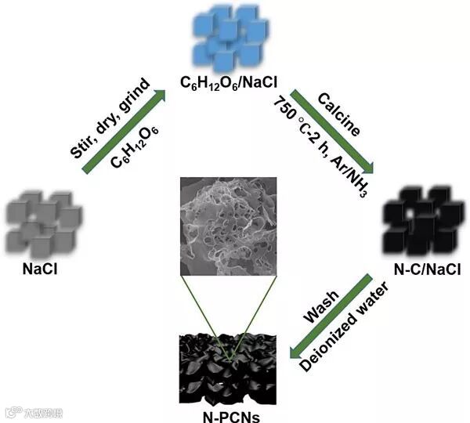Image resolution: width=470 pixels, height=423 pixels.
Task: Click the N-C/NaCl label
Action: (x=426, y=269)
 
